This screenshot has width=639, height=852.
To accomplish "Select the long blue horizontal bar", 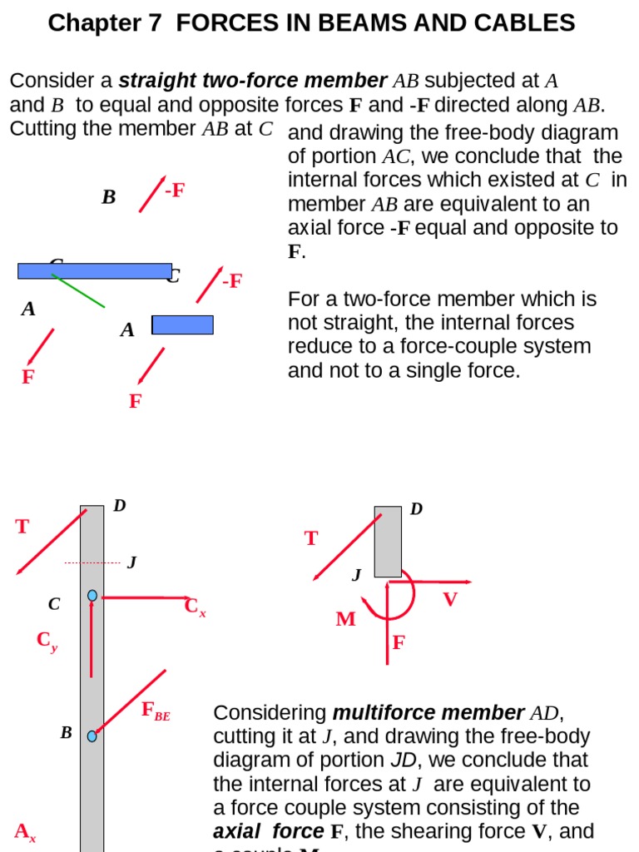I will pos(95,270).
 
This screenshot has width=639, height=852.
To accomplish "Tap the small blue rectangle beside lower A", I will pos(183,324).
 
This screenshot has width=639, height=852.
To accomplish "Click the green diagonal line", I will pos(79,291).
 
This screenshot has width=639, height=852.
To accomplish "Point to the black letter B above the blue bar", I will pos(108,197).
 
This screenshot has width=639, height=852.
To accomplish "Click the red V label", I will pos(450,599).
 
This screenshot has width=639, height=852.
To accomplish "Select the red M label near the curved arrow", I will pos(345,619).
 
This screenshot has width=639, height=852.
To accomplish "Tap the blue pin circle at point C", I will pos(92,596).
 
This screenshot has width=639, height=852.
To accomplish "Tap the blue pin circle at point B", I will pos(92,736).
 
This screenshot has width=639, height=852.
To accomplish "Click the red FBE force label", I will pos(156,711).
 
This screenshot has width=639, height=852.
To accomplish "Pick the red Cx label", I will pos(195,607).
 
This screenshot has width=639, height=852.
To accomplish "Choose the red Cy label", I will pos(47,641).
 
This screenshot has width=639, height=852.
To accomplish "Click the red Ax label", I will pos(25,831).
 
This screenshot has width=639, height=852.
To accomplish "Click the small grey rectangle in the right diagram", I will pos(388,542).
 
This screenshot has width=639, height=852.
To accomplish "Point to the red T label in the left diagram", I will pos(22,527).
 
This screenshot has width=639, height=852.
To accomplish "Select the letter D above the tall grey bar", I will pos(119,505).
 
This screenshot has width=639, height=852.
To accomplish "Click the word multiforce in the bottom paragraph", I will pos(380,713).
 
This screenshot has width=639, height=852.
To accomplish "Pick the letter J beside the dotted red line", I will pos(131,562).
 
